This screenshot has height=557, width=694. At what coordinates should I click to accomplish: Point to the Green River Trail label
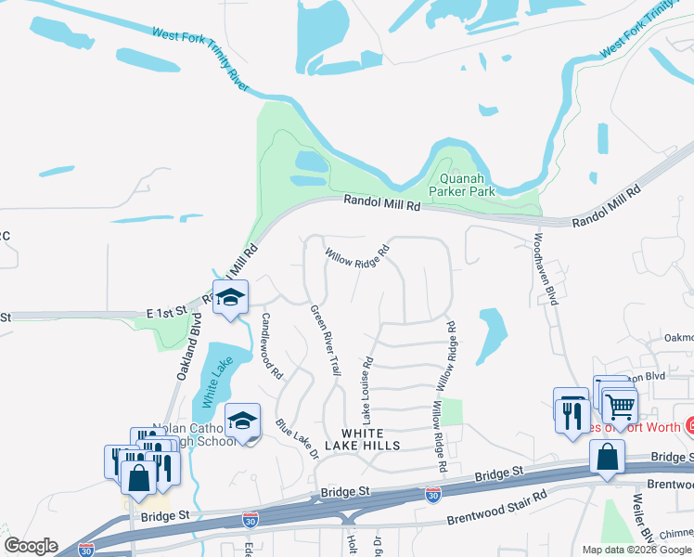(325, 341)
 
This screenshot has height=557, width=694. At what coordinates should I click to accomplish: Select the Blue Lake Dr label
(297, 438)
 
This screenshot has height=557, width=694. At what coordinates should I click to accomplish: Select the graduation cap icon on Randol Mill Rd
(231, 298)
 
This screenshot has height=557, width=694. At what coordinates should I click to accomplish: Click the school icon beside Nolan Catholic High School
(242, 421)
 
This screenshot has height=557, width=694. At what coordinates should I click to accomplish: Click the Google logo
(31, 546)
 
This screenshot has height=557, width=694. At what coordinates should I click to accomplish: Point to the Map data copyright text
(636, 550)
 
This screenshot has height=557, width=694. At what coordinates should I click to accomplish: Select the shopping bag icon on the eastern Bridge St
(606, 458)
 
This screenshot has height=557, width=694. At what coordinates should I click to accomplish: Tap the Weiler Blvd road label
(639, 520)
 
